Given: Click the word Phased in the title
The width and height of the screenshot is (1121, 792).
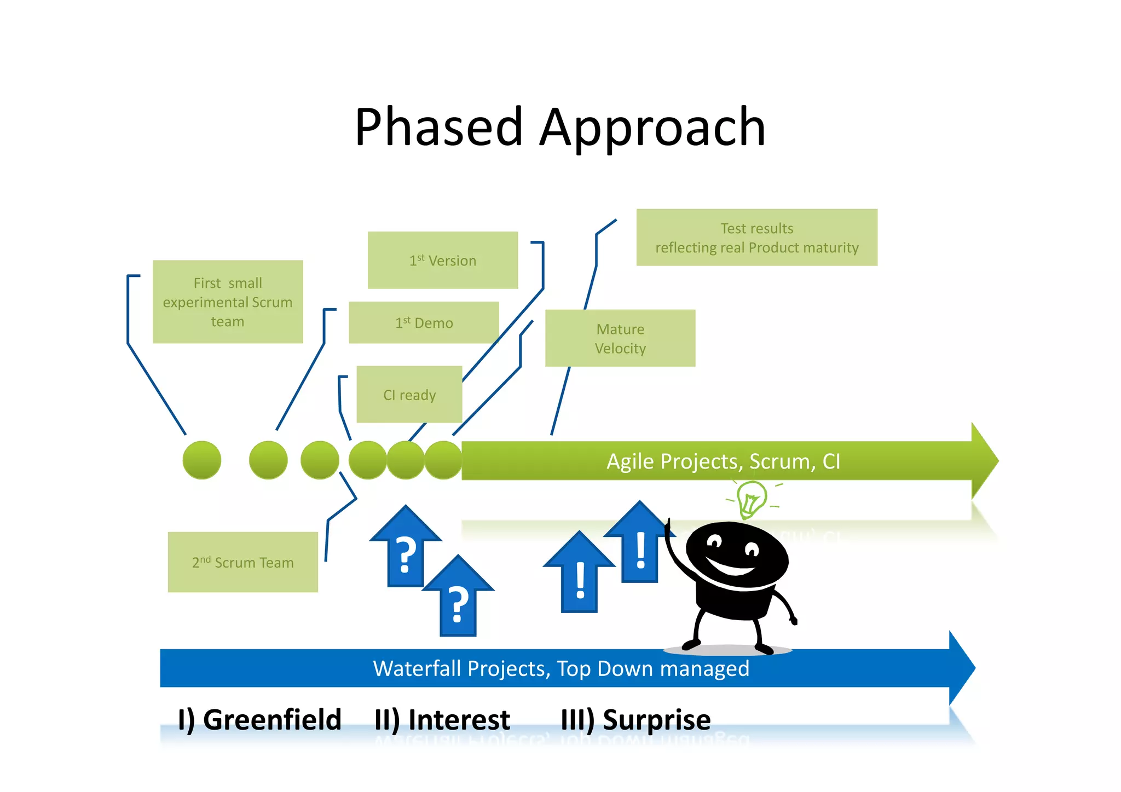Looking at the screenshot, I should click(438, 128).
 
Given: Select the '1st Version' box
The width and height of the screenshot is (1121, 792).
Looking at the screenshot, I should click(442, 260).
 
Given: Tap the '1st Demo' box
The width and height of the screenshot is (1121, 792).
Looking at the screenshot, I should click(424, 322).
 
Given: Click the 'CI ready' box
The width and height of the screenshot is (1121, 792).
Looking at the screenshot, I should click(409, 395).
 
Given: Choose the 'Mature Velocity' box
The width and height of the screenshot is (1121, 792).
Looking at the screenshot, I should click(620, 338).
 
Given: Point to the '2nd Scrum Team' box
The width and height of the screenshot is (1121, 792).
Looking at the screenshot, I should click(242, 562).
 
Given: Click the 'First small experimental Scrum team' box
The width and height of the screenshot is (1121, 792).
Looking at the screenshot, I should click(227, 302).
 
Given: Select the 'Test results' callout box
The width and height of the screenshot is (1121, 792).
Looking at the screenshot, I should click(756, 238).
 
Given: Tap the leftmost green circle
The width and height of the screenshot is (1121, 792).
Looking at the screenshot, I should click(201, 460).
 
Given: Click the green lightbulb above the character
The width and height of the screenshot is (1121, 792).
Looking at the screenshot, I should click(751, 498).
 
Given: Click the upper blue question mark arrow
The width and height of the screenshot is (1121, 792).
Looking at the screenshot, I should click(405, 547).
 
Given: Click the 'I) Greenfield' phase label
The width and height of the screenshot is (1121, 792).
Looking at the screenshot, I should click(259, 719).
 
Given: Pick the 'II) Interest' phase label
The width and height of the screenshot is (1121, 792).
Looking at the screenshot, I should click(442, 719).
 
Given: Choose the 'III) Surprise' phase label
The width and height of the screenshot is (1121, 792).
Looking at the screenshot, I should click(635, 719).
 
